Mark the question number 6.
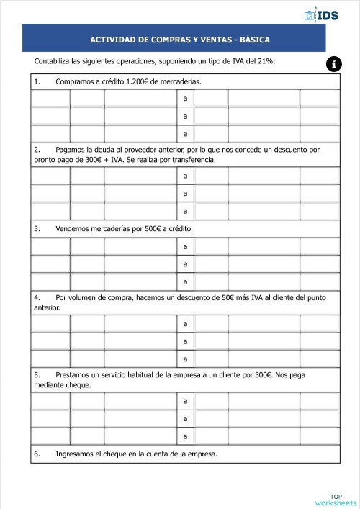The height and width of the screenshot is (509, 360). click(x=37, y=454)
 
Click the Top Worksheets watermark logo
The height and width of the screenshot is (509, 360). click(x=336, y=500)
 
